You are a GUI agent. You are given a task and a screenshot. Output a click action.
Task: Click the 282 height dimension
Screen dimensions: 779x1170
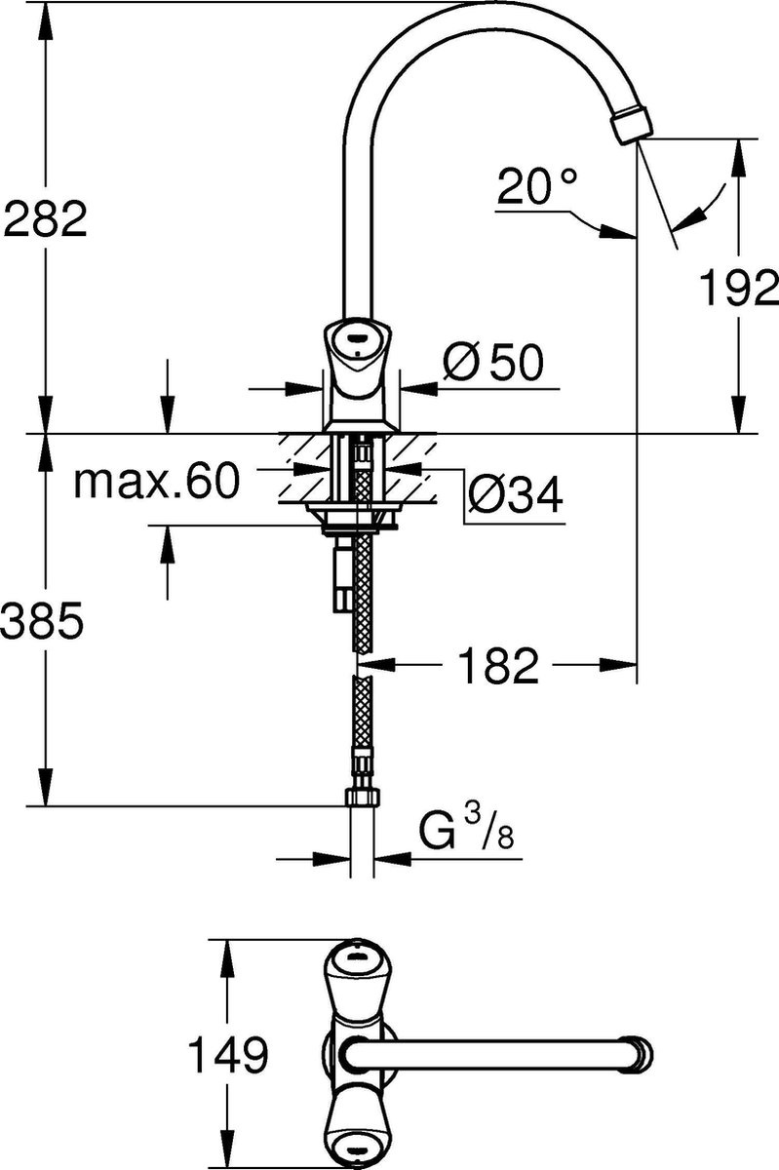[45, 218]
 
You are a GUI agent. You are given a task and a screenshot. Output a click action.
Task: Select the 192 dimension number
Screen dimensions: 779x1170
[738, 287]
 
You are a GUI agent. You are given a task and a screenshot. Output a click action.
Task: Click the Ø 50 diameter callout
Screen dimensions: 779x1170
[493, 362]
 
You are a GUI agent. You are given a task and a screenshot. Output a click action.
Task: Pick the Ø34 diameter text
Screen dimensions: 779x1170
[515, 494]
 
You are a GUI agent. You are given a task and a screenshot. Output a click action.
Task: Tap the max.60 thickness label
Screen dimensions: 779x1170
[157, 481]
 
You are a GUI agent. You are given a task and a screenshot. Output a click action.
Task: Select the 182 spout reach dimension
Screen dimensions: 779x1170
[498, 665]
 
